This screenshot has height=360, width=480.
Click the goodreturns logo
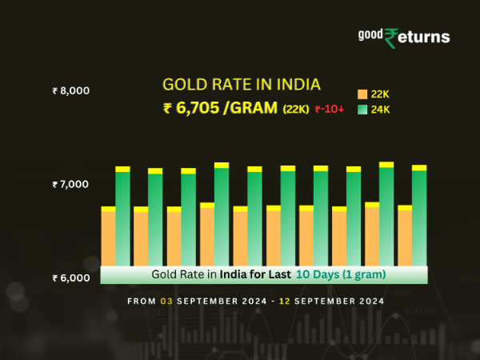point(403,37)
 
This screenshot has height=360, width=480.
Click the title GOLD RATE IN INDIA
point(230,84)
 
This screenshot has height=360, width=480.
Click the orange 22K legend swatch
point(362,94)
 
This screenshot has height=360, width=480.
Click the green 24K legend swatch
point(362,110)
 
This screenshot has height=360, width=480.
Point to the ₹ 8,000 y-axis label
point(70,90)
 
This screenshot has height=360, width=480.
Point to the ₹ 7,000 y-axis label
point(70,185)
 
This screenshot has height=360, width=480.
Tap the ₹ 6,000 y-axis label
point(70,278)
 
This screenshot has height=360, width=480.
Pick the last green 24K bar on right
point(419,217)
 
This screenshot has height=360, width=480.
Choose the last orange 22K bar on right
point(405,237)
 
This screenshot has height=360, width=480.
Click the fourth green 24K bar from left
point(222,215)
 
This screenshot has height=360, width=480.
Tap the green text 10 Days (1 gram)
point(341,274)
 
